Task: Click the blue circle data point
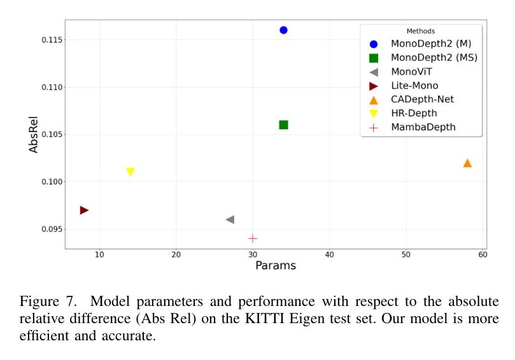pos(283,30)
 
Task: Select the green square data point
pos(283,125)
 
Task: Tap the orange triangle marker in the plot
pos(467,163)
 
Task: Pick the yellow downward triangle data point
pos(131,172)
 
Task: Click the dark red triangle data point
pos(84,210)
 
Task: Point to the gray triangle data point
pos(230,219)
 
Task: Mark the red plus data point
pos(253,238)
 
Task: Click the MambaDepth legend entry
pos(423,127)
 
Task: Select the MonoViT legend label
pos(411,71)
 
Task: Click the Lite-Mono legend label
pos(414,85)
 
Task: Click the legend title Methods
pos(421,31)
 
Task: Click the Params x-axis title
pos(276,265)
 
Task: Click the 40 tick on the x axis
pos(329,255)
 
